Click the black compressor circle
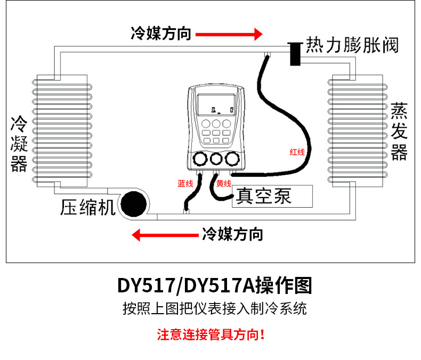(133, 204)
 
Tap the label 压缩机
(88, 207)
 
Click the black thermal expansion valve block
(295, 54)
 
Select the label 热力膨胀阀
(352, 45)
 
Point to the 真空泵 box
(272, 196)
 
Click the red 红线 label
(297, 152)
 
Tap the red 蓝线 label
(185, 184)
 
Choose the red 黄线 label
(224, 184)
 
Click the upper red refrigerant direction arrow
(229, 34)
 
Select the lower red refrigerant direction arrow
(165, 235)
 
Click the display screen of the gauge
(216, 104)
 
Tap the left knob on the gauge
(200, 159)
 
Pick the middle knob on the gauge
(216, 159)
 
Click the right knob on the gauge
(232, 159)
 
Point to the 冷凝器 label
(19, 144)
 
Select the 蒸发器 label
(399, 132)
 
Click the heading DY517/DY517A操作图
(215, 285)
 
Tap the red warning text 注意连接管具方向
(211, 334)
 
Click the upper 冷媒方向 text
(161, 34)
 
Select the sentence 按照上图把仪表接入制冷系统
(215, 308)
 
